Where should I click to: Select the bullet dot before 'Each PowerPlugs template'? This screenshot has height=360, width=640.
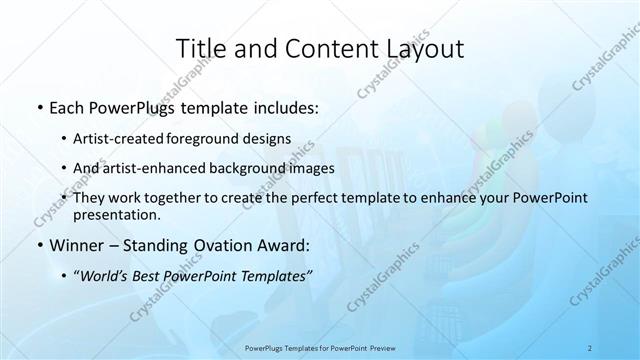[x=38, y=107]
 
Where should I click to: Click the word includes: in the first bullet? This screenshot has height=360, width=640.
[x=284, y=107]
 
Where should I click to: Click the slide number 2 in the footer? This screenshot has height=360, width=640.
[x=590, y=347]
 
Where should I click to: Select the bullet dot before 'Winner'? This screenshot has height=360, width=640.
[x=38, y=245]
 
